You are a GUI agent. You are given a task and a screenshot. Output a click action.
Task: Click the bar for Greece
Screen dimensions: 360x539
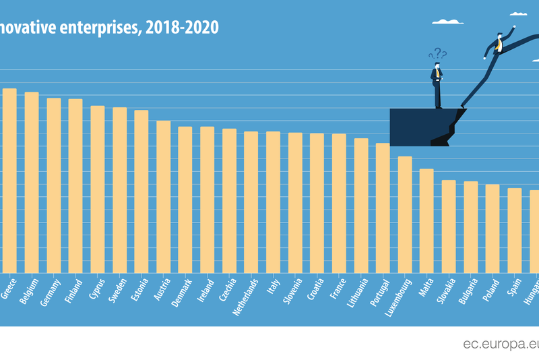[x=9, y=181]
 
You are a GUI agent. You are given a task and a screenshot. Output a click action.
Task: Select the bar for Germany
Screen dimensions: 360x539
[x=53, y=185]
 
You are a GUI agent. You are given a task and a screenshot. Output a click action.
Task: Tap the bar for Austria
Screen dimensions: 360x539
[x=163, y=197]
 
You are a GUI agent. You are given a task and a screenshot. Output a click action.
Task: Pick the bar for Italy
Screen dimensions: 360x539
[x=273, y=202]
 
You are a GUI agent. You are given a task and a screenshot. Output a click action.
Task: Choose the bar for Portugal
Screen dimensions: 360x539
[x=383, y=208]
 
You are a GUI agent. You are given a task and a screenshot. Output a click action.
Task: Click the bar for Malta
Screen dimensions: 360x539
[x=426, y=220]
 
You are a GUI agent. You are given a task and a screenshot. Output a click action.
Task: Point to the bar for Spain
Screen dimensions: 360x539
[x=514, y=230]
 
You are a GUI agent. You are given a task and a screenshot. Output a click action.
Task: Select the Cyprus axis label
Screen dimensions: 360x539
[x=96, y=288]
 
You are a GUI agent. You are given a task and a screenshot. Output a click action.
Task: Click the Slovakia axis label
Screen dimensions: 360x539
[x=448, y=290]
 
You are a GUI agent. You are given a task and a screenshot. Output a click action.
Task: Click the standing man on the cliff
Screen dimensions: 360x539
[x=437, y=84]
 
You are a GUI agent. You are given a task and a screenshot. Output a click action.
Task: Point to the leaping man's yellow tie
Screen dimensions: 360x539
[x=499, y=45]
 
